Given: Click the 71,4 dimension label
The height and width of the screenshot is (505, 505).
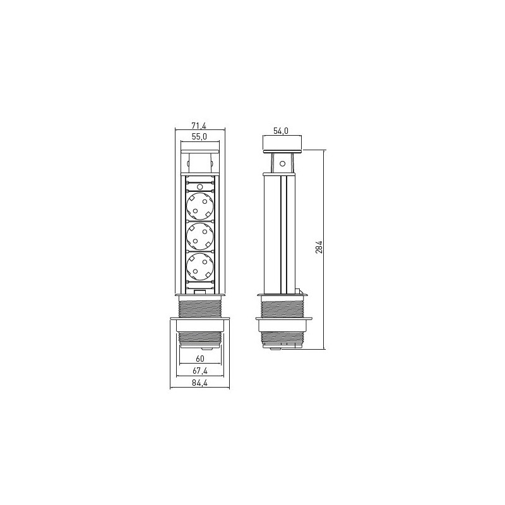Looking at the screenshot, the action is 199,126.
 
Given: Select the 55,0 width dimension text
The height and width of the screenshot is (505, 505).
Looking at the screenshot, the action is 199,136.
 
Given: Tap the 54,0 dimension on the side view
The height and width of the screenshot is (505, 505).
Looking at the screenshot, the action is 281,131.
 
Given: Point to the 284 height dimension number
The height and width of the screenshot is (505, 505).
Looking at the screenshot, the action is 319,247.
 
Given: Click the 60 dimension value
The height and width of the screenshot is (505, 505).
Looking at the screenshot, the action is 200,359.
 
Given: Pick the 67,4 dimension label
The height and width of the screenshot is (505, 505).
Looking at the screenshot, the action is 200,371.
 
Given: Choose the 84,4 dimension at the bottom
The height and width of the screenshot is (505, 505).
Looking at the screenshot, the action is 200,383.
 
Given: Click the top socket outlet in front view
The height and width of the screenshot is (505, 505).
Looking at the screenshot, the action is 200,206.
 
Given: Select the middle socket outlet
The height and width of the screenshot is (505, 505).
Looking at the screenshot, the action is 200,236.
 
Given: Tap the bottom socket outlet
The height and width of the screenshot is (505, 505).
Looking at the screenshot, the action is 200,266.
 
